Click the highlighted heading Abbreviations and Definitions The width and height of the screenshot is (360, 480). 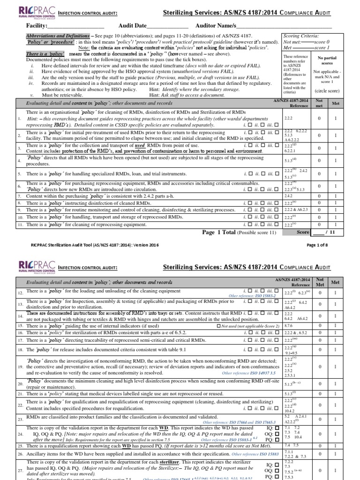(57, 36)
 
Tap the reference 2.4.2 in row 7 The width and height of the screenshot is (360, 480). (288, 195)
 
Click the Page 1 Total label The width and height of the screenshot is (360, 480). (220, 232)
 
